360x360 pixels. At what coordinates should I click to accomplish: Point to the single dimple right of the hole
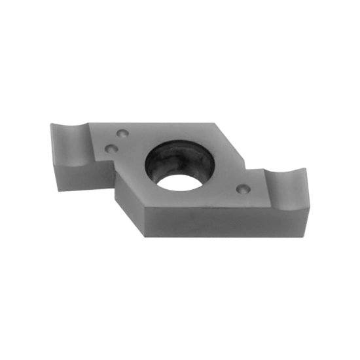pyautogui.click(x=243, y=189)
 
